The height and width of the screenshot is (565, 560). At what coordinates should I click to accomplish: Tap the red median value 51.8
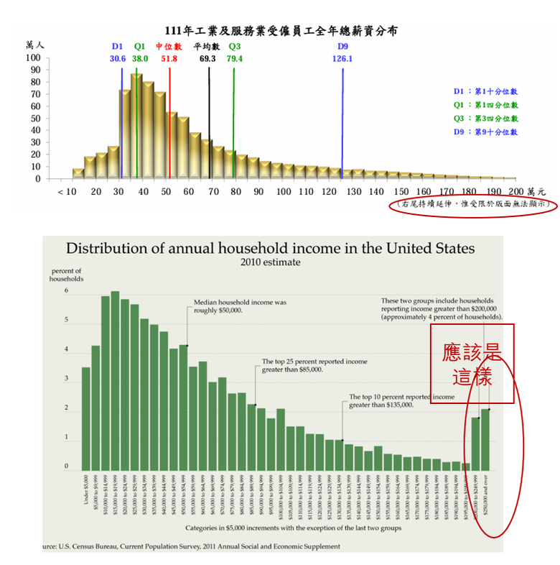pos(169,58)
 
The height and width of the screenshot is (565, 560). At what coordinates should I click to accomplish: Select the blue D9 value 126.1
pos(342,58)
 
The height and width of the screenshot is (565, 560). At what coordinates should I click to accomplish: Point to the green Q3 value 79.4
pos(235,58)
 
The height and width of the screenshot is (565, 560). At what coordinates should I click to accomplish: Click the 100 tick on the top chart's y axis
pos(33,58)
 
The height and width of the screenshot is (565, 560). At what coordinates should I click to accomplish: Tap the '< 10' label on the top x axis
pos(66,192)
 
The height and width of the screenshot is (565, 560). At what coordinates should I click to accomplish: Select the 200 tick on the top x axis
pos(515,192)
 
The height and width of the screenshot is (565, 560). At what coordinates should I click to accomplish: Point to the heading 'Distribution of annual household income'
pos(271,248)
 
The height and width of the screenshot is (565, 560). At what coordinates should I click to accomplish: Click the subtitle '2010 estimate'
pos(271,262)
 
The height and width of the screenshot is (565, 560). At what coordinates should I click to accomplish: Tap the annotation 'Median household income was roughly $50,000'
pos(241,307)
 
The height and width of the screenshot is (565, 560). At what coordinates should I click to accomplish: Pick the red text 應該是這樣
pos(472,364)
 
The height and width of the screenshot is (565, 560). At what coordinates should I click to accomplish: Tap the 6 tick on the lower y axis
pos(66,292)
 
